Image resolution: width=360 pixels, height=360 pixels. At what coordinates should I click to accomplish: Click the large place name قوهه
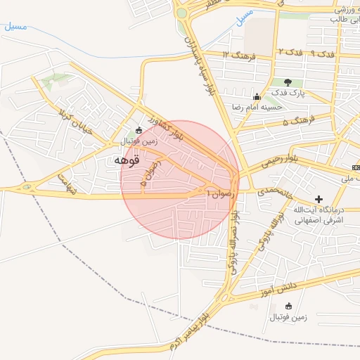click(129, 160)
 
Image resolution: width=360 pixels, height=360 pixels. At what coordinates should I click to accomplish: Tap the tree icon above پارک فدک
click(288, 82)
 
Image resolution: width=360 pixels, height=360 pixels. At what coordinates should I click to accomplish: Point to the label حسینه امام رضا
click(257, 108)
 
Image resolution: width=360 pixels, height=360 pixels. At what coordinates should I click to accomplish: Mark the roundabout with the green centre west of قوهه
click(28, 187)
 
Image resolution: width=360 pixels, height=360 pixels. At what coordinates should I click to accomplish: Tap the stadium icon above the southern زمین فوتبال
click(289, 306)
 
